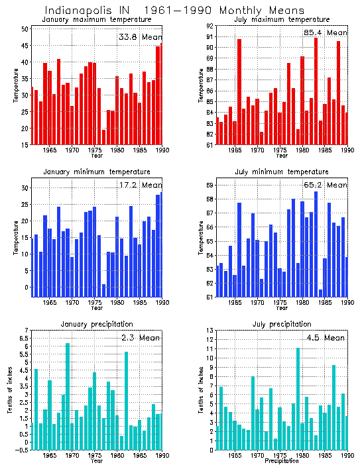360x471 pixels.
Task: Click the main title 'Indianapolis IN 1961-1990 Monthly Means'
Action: click(174, 11)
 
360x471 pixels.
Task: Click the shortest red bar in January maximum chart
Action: click(104, 137)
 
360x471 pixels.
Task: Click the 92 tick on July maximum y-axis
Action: click(210, 26)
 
